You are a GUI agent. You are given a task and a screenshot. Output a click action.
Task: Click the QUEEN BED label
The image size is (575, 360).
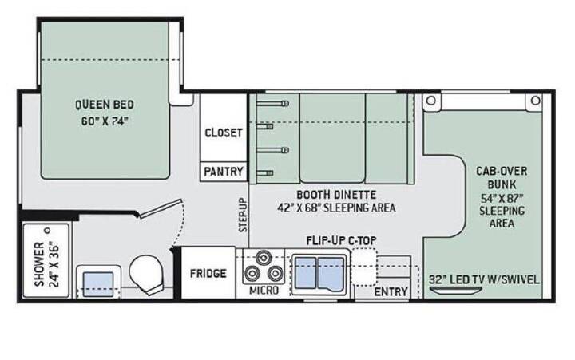(105, 105)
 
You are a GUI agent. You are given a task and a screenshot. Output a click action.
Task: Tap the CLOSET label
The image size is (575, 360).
(224, 133)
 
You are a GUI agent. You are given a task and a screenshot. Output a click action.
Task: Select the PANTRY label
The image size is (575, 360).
(224, 171)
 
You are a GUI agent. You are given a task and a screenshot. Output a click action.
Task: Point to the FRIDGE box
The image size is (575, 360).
(208, 273)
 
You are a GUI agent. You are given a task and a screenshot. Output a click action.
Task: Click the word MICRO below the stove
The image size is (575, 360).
(264, 291)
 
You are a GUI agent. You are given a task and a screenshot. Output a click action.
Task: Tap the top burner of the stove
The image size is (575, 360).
(263, 258)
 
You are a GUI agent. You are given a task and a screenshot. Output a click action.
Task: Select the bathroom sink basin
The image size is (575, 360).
(98, 283)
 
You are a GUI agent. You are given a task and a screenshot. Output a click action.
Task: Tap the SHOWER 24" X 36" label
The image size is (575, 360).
(46, 264)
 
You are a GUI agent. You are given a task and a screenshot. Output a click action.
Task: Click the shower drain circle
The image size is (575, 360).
(47, 231)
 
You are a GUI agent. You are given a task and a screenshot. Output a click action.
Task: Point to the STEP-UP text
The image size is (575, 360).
(243, 216)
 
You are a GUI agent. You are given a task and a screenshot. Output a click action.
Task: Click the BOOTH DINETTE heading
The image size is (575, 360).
(336, 194)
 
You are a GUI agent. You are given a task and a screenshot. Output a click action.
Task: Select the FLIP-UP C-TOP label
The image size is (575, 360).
(342, 241)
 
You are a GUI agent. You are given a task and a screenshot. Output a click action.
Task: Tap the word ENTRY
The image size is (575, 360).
(391, 292)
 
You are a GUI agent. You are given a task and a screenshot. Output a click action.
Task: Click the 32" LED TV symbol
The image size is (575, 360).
(456, 291)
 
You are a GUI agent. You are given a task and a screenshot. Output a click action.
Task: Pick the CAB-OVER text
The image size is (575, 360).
(502, 171)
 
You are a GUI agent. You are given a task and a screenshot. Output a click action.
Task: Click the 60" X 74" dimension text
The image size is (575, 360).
(105, 121)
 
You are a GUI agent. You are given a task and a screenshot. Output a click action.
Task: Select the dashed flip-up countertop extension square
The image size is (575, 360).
(364, 267)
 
